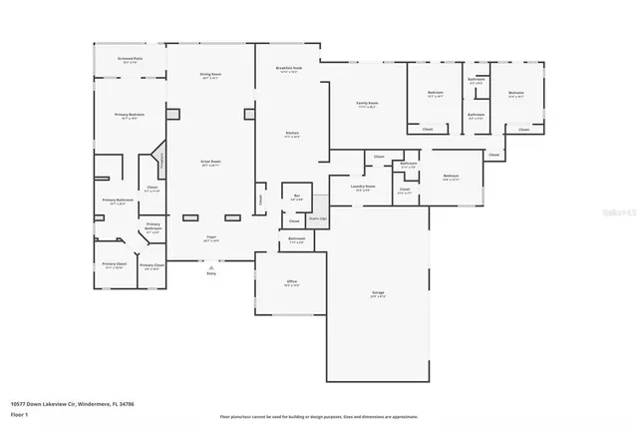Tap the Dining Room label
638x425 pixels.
pyautogui.click(x=209, y=75)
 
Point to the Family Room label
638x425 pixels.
pyautogui.click(x=367, y=104)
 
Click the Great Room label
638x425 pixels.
pyautogui.click(x=209, y=162)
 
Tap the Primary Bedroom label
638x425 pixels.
pyautogui.click(x=129, y=116)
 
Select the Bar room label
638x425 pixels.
pyautogui.click(x=295, y=196)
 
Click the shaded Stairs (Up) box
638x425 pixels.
pyautogui.click(x=317, y=216)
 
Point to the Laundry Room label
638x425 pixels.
pyautogui.click(x=363, y=187)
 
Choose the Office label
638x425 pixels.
pyautogui.click(x=292, y=283)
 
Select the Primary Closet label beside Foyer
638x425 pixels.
pyautogui.click(x=153, y=265)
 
